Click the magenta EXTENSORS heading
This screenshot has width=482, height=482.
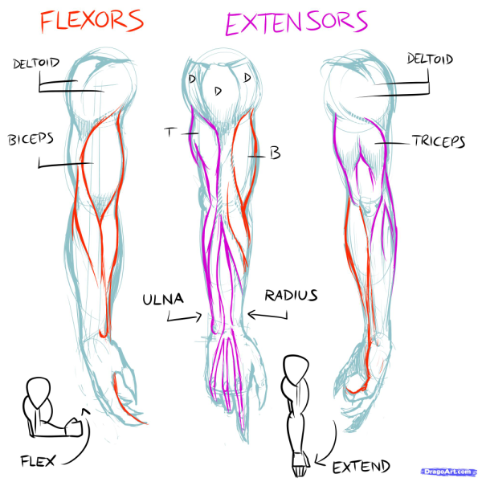tap(296, 23)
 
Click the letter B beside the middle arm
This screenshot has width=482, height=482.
tap(275, 153)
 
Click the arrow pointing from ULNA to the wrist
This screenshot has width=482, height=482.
tap(183, 317)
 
